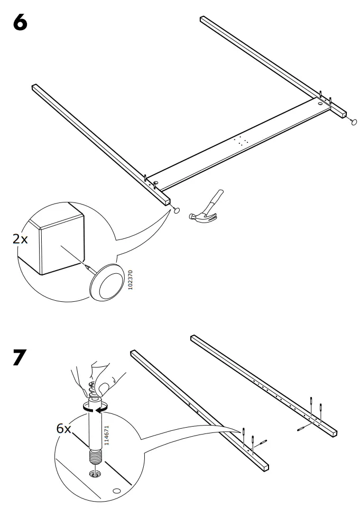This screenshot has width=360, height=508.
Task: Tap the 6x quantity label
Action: [63, 428]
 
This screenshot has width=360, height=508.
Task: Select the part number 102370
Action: [131, 279]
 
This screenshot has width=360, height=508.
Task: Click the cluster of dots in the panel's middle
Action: [242, 140]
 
